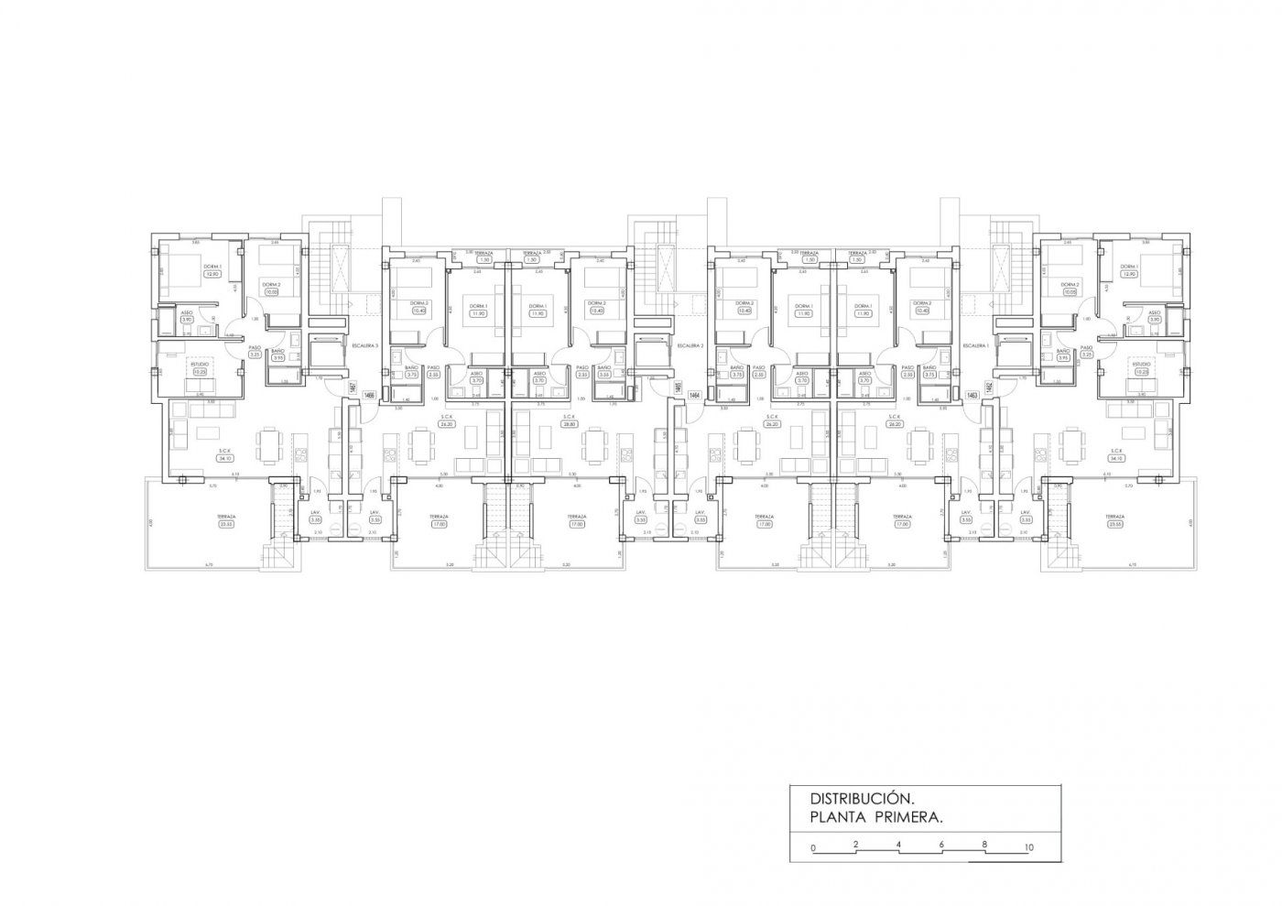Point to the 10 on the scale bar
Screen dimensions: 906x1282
tap(1029, 846)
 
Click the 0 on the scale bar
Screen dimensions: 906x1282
tap(813, 847)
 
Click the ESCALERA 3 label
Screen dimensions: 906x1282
tap(365, 345)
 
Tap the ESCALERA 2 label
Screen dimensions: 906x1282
tap(690, 345)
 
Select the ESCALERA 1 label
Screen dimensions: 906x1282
tap(973, 345)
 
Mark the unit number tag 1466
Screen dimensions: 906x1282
tap(368, 395)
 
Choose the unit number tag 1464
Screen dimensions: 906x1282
tap(694, 395)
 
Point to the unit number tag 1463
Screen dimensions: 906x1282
tap(972, 395)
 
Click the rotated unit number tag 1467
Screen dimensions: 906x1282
tap(353, 388)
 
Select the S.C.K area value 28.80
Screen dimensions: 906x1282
tap(568, 424)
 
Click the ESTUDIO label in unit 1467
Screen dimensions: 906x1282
tap(199, 364)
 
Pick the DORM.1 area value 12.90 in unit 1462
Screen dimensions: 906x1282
tap(1154, 274)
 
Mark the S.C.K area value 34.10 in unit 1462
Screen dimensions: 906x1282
tap(1116, 458)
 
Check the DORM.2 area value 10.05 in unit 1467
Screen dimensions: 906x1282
tap(270, 292)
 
